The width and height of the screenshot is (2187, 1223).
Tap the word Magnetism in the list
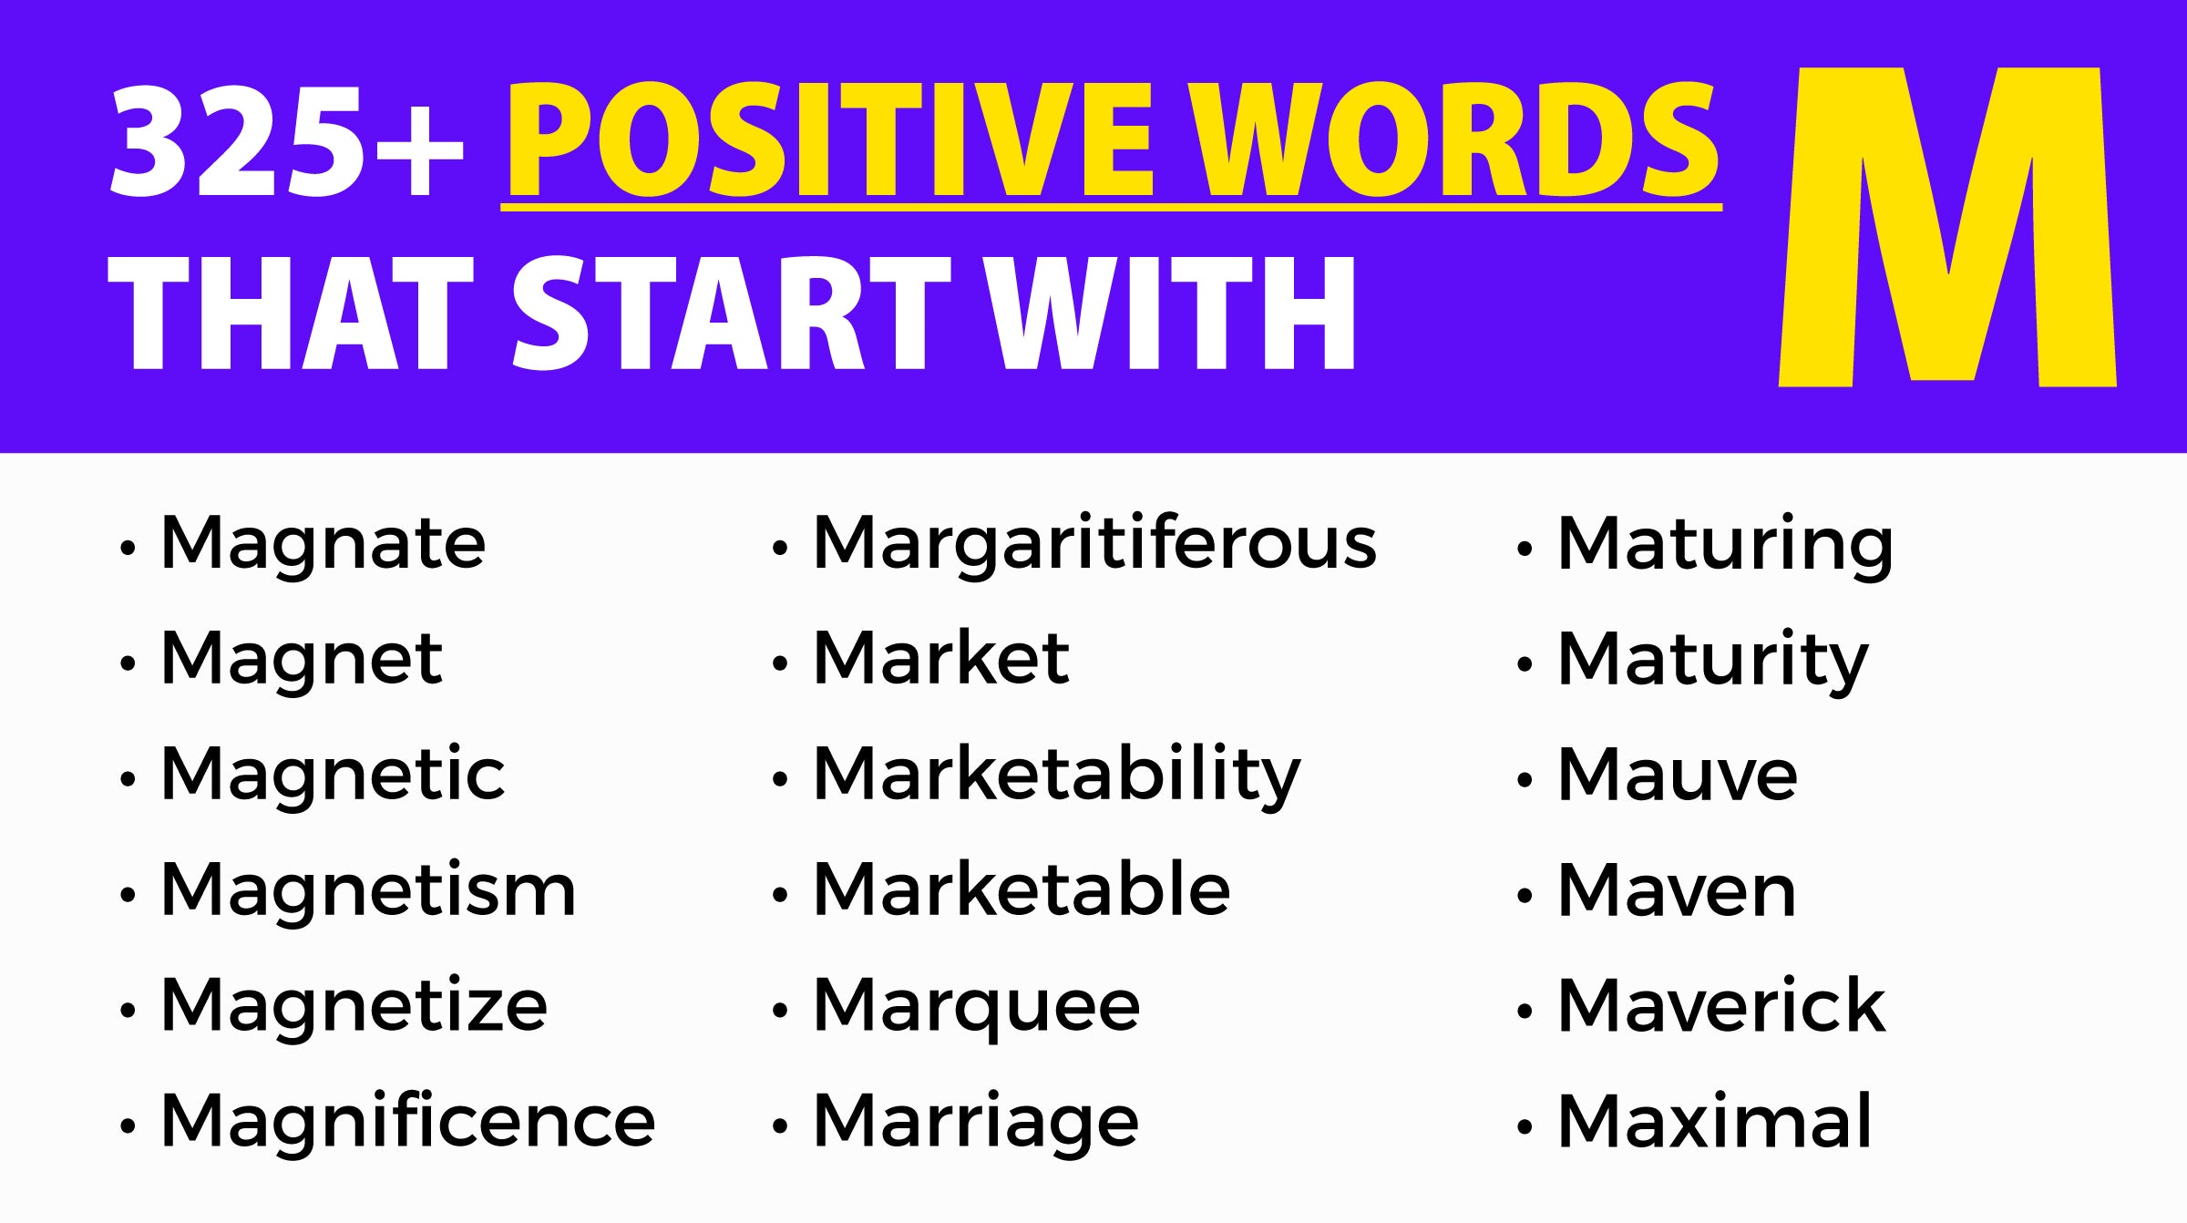pos(368,889)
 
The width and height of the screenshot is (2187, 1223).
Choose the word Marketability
pos(1057,775)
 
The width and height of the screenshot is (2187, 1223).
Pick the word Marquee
pos(977,1008)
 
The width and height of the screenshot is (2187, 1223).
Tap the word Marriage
pos(976,1122)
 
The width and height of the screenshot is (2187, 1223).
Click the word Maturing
pos(1725,545)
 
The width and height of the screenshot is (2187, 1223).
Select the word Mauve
pos(1678,775)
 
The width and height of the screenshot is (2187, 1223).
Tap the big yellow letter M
pos(1947,227)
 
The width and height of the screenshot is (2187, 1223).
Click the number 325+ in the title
pos(287,140)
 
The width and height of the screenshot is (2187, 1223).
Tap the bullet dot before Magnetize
pos(128,1011)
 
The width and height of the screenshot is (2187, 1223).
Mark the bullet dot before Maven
pos(1525,896)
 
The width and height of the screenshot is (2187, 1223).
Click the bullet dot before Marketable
pos(779,896)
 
